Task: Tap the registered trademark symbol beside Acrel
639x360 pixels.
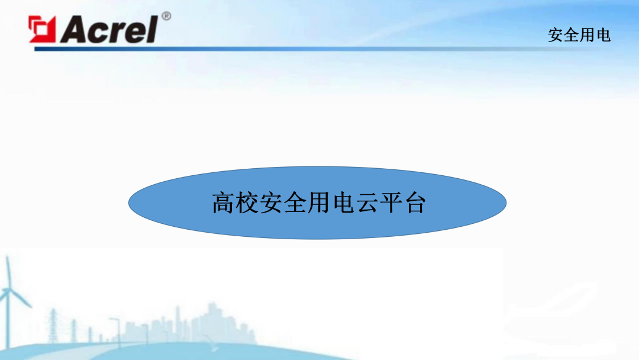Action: [x=166, y=16]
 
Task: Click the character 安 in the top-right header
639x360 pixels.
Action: [x=555, y=36]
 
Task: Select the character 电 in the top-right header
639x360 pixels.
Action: [x=603, y=36]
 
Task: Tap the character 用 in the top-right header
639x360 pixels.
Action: [x=587, y=36]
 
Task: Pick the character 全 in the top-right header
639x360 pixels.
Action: [x=571, y=36]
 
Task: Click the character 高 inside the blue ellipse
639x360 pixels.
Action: [x=222, y=202]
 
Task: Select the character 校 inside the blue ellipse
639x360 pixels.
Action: [x=247, y=202]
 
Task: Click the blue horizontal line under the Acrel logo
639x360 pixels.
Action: [x=296, y=49]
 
